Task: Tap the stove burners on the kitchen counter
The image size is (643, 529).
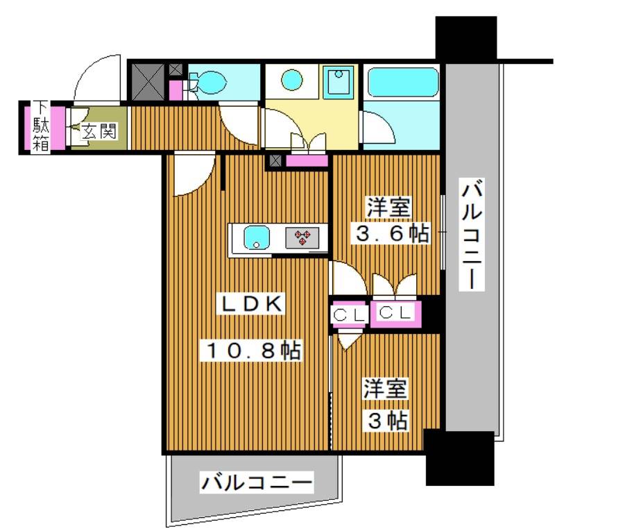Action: point(303,238)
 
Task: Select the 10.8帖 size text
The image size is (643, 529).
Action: point(251,351)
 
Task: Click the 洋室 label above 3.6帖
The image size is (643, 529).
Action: point(389,207)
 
